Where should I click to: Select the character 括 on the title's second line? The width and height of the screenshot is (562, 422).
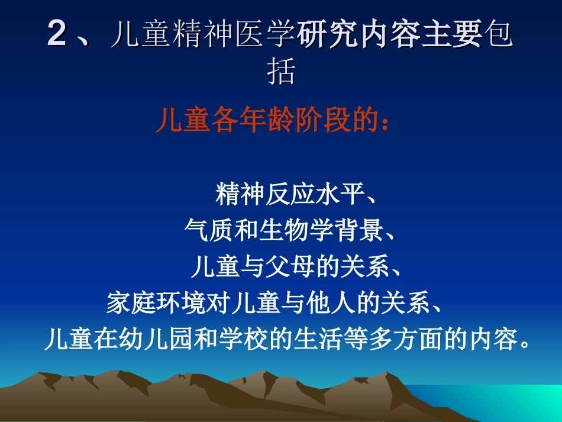[x=281, y=72]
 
